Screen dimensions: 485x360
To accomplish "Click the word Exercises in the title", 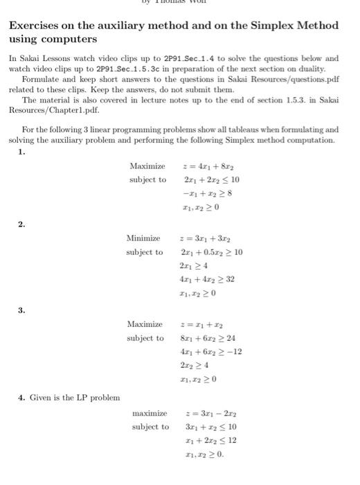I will (x=35, y=26).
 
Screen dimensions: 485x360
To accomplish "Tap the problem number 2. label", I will (x=21, y=224).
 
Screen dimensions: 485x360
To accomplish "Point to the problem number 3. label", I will (x=21, y=310).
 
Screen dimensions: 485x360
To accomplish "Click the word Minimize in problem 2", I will (x=143, y=238).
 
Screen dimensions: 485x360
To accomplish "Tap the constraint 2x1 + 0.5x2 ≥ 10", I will (x=210, y=252).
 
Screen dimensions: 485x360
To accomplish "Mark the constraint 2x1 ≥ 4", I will (x=193, y=265).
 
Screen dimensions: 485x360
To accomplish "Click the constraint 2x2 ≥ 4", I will (x=193, y=365).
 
